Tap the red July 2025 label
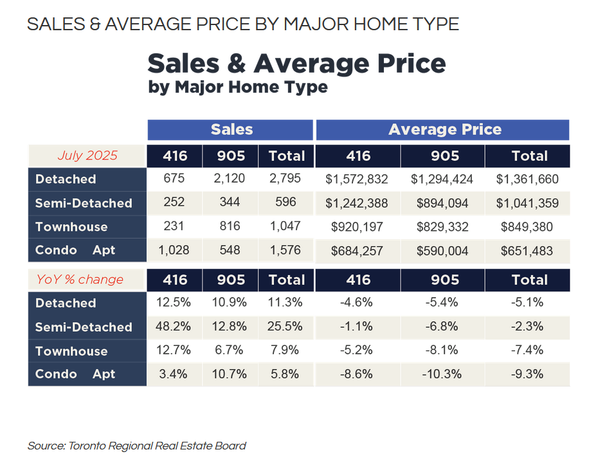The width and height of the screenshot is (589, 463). click(x=87, y=155)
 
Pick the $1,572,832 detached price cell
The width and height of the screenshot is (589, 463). click(x=357, y=179)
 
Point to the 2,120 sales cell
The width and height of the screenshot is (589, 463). click(x=230, y=179)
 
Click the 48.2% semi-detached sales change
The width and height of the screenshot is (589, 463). click(x=174, y=326)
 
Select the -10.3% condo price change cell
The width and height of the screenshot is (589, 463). click(x=443, y=374)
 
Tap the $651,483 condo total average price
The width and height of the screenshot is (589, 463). click(x=527, y=250)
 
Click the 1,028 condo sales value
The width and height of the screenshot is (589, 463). click(x=174, y=250)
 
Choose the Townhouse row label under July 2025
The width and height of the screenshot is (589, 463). click(x=71, y=227)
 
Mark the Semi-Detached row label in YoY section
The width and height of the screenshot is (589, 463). click(x=84, y=327)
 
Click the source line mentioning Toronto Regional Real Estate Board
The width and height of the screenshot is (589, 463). click(x=137, y=446)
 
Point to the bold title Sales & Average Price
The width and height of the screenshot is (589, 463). click(x=296, y=64)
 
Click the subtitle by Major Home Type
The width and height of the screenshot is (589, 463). click(x=237, y=87)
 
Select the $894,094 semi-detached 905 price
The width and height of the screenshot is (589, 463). click(x=443, y=203)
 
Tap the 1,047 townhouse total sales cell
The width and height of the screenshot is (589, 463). click(x=286, y=226)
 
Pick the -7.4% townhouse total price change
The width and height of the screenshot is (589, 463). click(x=527, y=350)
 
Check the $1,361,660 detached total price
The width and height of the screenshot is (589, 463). click(x=527, y=179)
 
